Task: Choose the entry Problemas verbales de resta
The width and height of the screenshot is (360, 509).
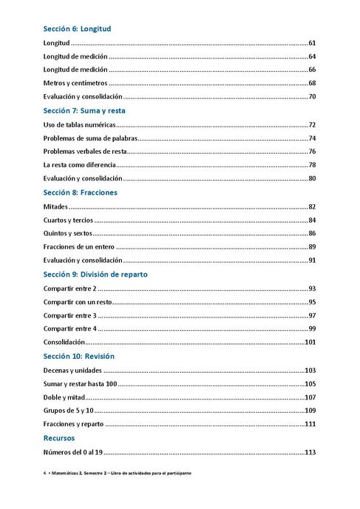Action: pyautogui.click(x=85, y=151)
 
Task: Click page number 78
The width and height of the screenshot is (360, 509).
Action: pyautogui.click(x=312, y=165)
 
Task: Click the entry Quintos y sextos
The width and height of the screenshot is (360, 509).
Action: pyautogui.click(x=72, y=233)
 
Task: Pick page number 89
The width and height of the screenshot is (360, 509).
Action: pyautogui.click(x=312, y=246)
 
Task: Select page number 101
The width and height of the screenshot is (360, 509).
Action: pyautogui.click(x=310, y=343)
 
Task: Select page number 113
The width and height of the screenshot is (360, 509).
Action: pyautogui.click(x=310, y=452)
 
